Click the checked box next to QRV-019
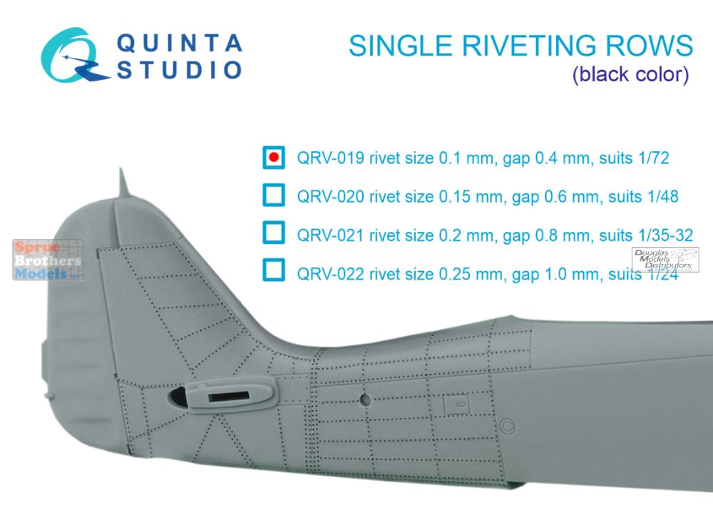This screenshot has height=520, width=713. click(274, 158)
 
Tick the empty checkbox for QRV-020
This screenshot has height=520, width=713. click(274, 195)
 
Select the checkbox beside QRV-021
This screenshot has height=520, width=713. click(274, 233)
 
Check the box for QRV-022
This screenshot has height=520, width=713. click(274, 270)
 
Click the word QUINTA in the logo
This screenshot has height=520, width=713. click(179, 44)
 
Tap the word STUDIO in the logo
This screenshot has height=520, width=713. click(179, 71)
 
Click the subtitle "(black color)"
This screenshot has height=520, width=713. click(630, 75)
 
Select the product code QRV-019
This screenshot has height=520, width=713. click(331, 158)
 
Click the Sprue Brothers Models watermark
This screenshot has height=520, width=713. click(48, 260)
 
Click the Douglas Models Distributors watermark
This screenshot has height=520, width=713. click(665, 260)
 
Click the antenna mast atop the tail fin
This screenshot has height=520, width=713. click(122, 183)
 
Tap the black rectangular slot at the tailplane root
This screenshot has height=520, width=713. click(229, 397)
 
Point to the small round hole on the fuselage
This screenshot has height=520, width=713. click(364, 399)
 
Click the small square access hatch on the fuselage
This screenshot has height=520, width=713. click(456, 404)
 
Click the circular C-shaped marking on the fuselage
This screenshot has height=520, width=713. click(508, 427)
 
